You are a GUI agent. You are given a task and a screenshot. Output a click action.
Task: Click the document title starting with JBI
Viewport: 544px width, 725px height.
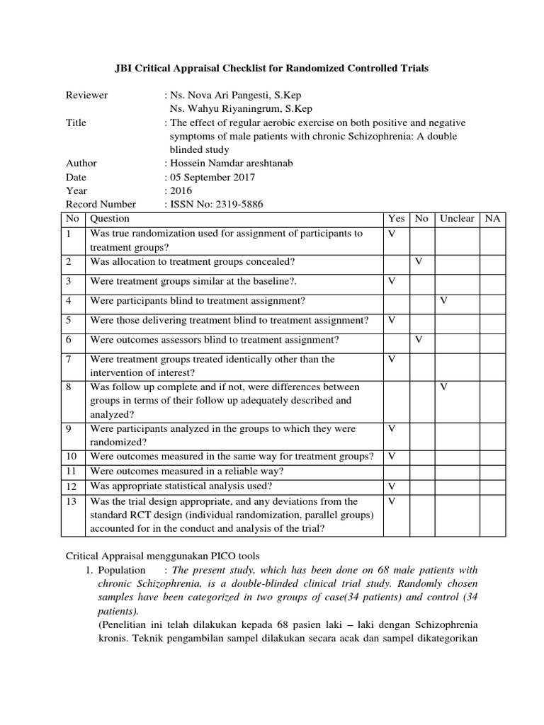click(272, 69)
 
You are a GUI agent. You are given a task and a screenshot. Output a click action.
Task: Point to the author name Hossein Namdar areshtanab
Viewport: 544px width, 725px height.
click(229, 163)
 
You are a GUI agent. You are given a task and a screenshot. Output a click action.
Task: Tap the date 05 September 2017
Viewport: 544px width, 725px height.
click(212, 177)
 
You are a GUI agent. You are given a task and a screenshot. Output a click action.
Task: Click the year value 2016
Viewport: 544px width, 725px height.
click(180, 190)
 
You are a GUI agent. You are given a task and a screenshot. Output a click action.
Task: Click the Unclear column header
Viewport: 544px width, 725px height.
click(456, 219)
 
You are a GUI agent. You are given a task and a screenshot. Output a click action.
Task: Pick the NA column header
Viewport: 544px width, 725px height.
click(492, 219)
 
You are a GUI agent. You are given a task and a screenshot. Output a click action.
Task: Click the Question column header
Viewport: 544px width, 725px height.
click(110, 219)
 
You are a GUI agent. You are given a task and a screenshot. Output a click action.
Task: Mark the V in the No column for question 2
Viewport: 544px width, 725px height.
click(419, 262)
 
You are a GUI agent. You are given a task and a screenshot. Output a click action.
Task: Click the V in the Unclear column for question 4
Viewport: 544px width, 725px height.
click(444, 301)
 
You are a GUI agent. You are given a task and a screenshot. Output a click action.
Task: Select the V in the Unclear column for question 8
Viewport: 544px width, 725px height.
click(444, 387)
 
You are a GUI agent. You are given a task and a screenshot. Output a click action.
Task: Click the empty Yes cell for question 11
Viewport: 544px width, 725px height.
click(396, 472)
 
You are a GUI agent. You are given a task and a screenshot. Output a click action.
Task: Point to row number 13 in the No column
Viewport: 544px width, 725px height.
click(72, 501)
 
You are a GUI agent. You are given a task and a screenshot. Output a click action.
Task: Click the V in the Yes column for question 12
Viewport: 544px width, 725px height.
click(391, 486)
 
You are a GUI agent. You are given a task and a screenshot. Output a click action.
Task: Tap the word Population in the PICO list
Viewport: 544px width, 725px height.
click(122, 570)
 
